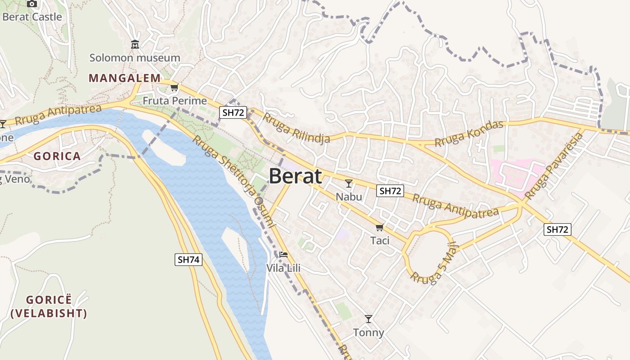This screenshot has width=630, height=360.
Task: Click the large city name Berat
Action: (296, 176)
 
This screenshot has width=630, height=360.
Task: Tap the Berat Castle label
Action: (32, 17)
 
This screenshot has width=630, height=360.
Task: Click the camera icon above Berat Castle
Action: (32, 4)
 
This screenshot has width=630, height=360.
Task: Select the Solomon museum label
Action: (135, 58)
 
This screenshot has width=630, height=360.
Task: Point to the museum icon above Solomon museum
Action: (135, 45)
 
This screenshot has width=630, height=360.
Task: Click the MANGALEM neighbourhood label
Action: (125, 78)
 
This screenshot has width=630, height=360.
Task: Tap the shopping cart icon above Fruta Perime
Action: (175, 88)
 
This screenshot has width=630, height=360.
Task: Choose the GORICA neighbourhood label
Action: (57, 156)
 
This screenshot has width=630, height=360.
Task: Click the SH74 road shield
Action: (189, 259)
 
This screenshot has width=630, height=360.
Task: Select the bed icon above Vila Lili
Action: (283, 255)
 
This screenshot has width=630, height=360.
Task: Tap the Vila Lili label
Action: (283, 268)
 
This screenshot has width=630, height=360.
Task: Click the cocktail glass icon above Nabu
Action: (349, 183)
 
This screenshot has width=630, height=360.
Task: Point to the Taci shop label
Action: (380, 240)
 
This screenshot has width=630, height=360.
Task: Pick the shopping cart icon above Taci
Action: (380, 227)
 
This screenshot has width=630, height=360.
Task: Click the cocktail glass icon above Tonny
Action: (369, 319)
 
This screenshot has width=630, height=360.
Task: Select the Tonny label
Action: (369, 333)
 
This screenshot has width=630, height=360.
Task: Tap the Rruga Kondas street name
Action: (469, 133)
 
